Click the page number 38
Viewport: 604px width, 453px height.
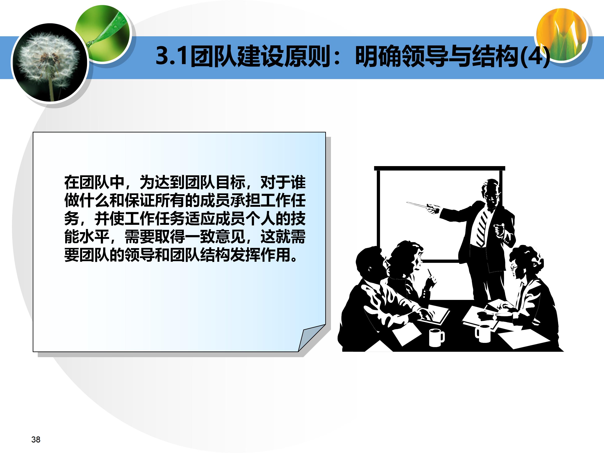click(x=36, y=439)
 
